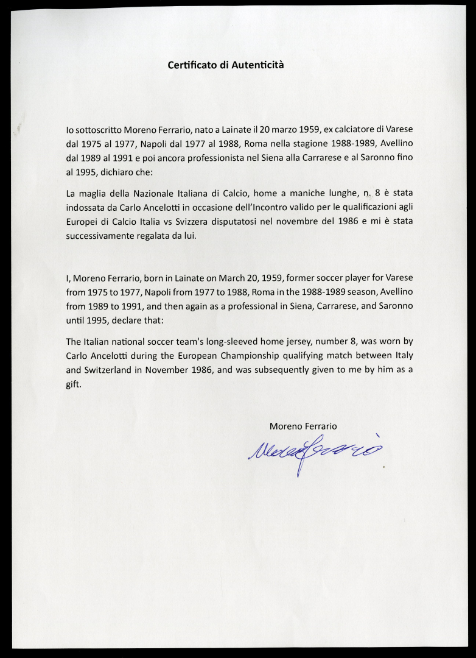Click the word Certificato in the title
pos(191,65)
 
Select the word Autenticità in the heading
pos(257,65)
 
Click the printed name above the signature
pos(303,426)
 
